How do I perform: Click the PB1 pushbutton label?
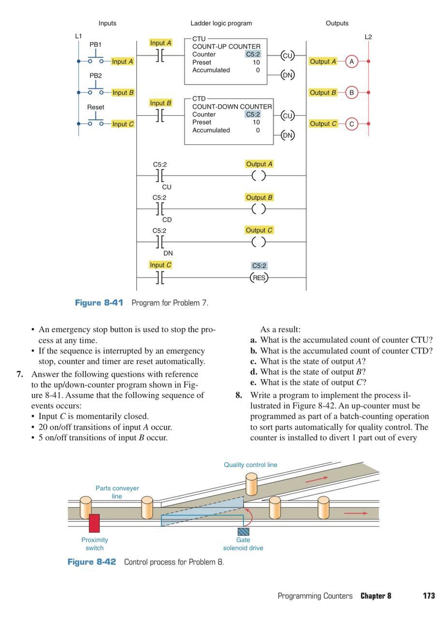(96, 44)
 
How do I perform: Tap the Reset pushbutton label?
(96, 107)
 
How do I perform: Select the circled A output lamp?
(352, 62)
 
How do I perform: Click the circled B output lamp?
(352, 93)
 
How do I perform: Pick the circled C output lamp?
(352, 124)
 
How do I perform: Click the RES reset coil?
(259, 278)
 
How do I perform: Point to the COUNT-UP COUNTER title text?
(226, 47)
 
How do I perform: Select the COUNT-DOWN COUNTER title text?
(232, 107)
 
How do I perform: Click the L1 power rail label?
(78, 36)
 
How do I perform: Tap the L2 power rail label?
(368, 37)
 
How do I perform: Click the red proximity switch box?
(94, 523)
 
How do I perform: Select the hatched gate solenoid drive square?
(243, 531)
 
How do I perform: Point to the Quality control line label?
(250, 465)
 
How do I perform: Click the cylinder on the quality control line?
(251, 484)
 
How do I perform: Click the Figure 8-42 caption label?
(92, 562)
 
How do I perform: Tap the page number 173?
(429, 596)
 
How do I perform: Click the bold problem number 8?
(239, 395)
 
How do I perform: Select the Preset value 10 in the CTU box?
(256, 62)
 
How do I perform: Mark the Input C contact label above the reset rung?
(160, 265)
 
